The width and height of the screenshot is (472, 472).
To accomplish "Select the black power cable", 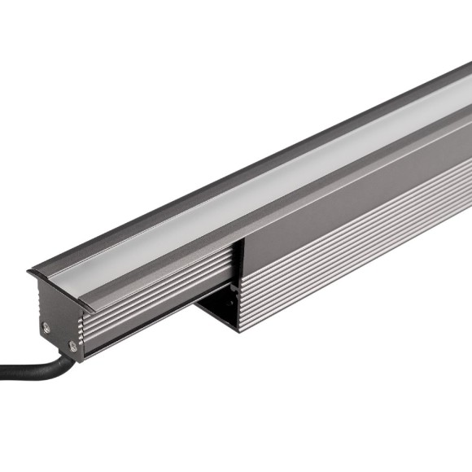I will pyautogui.click(x=33, y=371).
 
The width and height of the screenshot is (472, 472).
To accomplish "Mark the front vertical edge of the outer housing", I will pyautogui.click(x=239, y=285).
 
